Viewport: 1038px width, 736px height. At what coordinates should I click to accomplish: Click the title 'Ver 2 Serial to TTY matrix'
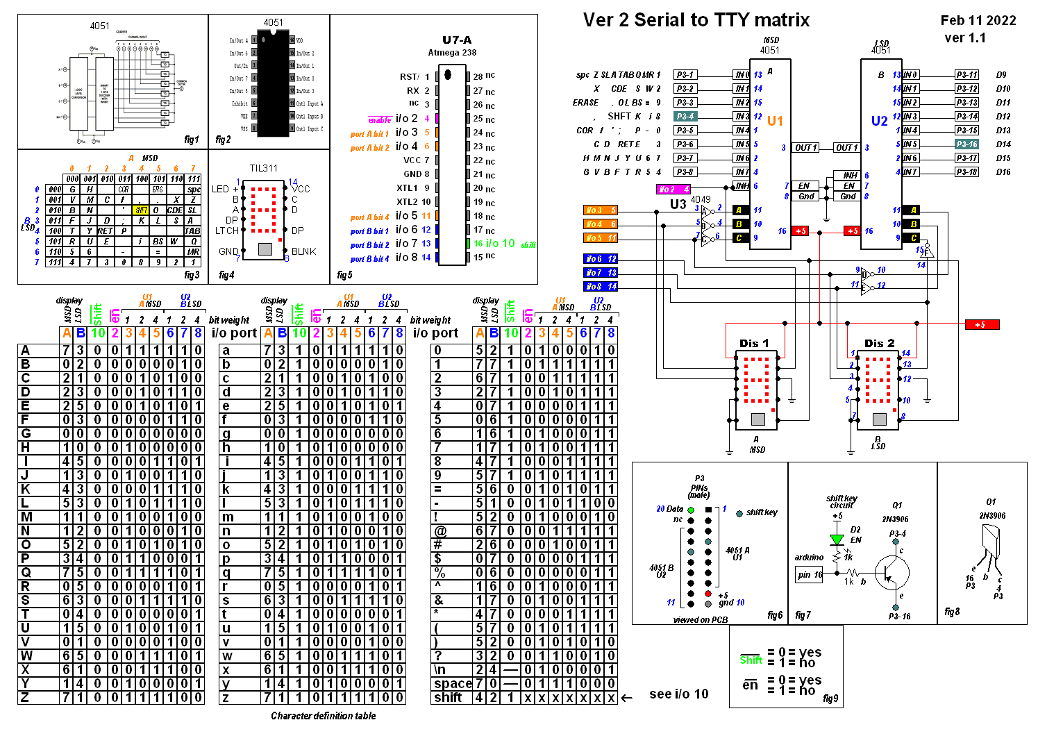pos(696,20)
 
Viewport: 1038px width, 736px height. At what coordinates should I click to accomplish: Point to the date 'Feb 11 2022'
pos(978,20)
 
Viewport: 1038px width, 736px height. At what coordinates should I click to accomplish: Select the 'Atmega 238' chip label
pos(452,53)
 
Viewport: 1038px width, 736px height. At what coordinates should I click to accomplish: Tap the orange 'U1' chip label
pos(775,121)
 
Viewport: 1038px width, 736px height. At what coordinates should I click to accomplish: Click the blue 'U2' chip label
pos(879,121)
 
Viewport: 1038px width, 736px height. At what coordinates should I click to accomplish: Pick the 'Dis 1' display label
pos(753,343)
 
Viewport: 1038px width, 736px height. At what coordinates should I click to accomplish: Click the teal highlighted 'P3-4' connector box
pos(685,117)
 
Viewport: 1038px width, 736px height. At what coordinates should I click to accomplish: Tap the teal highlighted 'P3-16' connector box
pos(966,144)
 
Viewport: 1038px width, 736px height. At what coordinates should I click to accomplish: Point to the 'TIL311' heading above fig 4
pos(263,168)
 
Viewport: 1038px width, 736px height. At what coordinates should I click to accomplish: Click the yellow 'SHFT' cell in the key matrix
pos(141,210)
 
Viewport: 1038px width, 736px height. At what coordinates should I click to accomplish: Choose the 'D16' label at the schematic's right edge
pos(1003,172)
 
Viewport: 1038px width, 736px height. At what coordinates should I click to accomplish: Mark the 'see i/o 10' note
pos(678,694)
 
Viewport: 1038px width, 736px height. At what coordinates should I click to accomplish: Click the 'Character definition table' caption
pos(323,716)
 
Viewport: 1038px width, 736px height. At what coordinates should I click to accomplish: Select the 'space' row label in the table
pos(452,683)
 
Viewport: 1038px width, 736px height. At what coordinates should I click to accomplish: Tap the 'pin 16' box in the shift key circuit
pos(809,574)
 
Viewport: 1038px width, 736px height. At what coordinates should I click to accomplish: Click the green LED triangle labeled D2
pos(837,540)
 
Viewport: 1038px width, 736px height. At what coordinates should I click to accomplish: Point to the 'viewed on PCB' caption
pos(700,620)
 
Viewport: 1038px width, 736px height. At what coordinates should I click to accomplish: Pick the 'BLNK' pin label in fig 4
pos(303,251)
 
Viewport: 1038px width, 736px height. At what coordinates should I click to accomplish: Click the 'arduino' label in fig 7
pos(809,557)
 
